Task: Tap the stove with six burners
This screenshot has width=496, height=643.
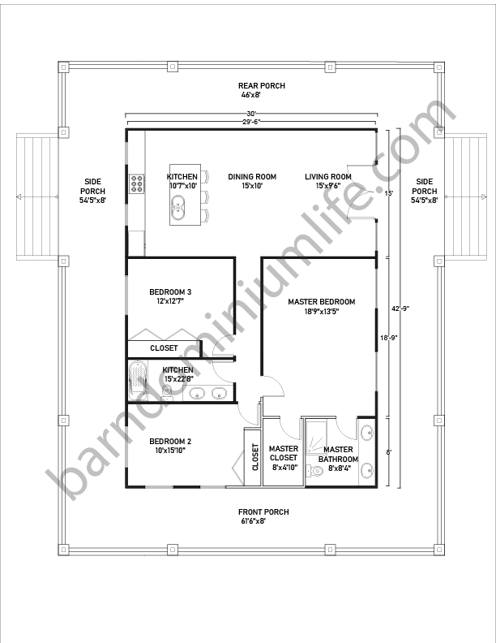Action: pos(137,183)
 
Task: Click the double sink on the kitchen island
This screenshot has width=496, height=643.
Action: pos(178,208)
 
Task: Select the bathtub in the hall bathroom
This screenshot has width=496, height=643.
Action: pos(138,380)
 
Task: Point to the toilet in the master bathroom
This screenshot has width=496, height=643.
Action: pos(315,471)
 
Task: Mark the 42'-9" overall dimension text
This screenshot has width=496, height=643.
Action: pos(400,309)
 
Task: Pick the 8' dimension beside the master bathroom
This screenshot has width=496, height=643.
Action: pos(389,452)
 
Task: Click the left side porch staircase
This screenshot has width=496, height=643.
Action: pos(36,196)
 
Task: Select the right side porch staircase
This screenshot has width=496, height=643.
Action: pos(466,196)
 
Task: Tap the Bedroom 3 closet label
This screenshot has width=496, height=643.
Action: pos(164,348)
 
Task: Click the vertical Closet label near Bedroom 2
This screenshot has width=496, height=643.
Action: pos(255,457)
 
